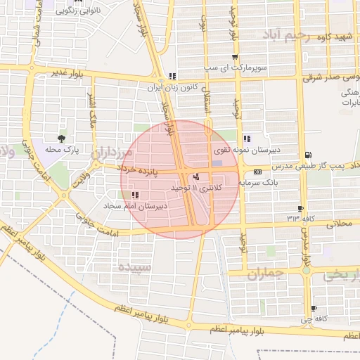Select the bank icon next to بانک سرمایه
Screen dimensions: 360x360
257,171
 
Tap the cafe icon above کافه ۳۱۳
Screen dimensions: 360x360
301,208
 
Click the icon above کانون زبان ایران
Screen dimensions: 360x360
172,76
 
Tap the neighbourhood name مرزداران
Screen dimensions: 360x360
110,153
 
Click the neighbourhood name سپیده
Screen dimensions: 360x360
134,267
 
